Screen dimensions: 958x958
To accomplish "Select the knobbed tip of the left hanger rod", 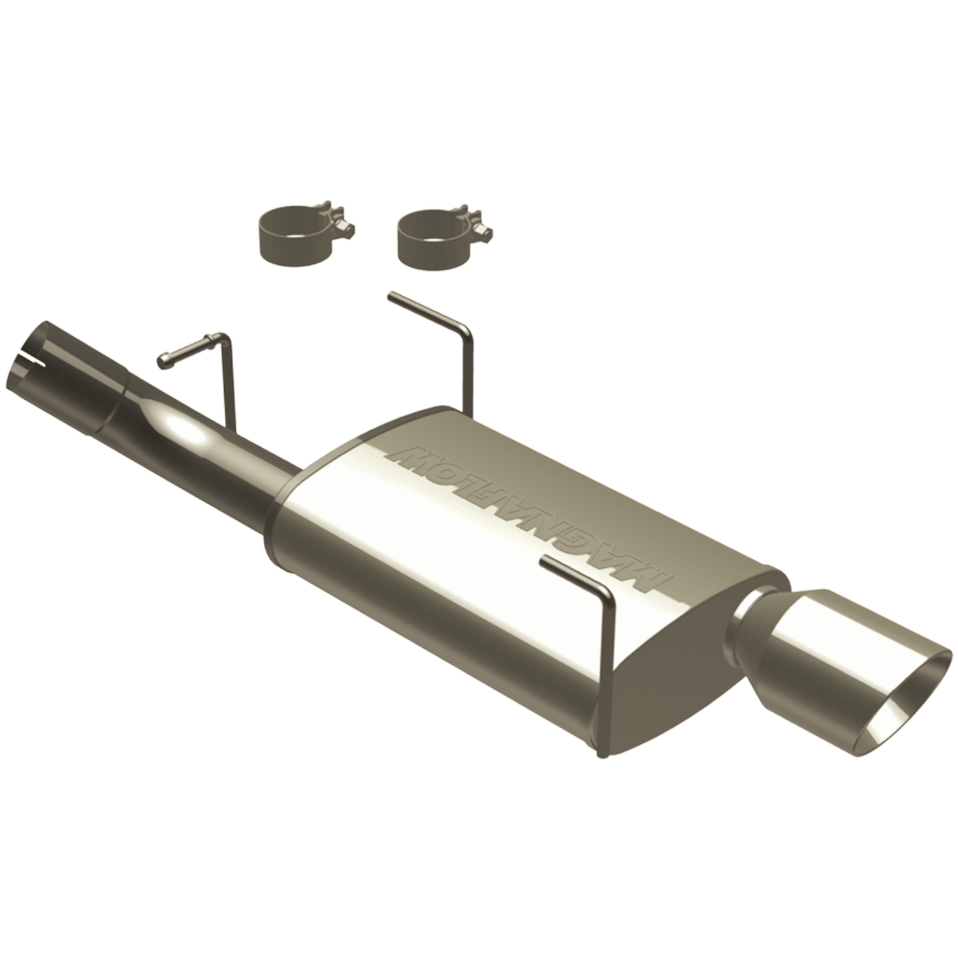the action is [165, 360].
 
